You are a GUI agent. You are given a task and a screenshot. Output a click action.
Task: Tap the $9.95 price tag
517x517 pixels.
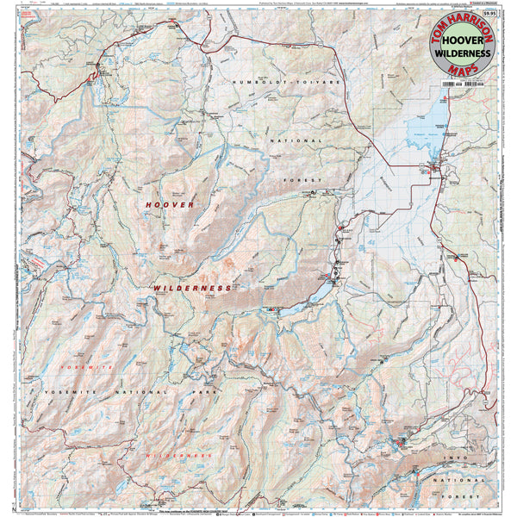click(x=490, y=12)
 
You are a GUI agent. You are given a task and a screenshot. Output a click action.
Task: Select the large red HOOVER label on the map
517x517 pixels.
click(x=170, y=204)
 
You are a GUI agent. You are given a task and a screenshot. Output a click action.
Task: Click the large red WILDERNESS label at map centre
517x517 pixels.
click(x=193, y=288)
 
